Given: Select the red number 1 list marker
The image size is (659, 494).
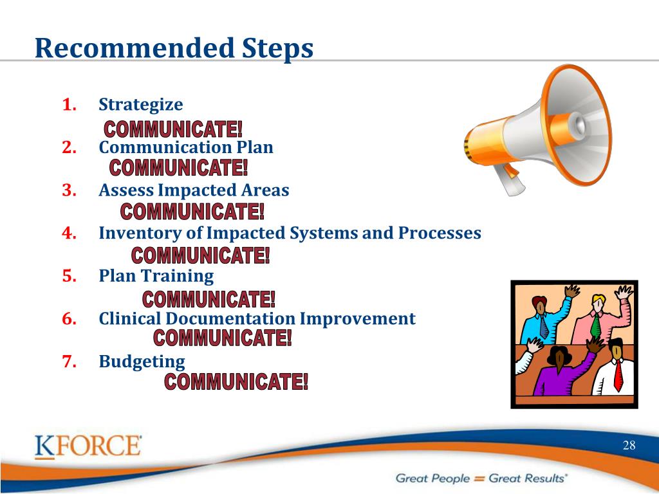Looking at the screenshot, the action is point(70,105).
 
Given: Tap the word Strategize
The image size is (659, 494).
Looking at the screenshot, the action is point(141,105).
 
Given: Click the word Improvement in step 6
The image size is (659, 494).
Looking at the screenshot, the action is point(357,319).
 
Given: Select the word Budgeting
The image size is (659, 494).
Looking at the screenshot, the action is point(142,362).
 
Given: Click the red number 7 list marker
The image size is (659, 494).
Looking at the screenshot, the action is point(70,361).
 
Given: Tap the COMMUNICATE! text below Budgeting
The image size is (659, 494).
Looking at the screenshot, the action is point(236,382).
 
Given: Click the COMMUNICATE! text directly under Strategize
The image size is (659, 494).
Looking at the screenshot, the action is point(173,129).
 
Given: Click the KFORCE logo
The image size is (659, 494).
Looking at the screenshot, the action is point(88,446).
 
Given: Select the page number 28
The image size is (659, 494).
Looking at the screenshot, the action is point(629,445).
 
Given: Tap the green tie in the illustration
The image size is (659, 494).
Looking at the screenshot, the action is point(595,325).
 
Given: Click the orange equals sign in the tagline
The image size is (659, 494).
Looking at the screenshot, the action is point(479,479).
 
